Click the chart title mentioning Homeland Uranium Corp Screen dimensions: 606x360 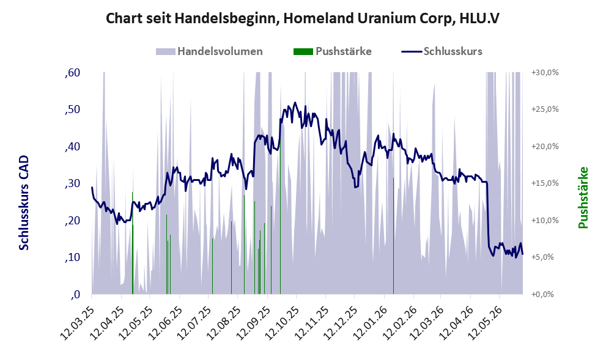[x=303, y=18]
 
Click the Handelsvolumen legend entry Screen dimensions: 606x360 [x=209, y=51]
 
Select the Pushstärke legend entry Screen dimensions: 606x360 [x=333, y=51]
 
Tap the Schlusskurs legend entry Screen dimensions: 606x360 [x=442, y=51]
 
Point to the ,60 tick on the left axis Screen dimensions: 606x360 [x=73, y=73]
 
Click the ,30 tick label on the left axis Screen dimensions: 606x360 [x=73, y=183]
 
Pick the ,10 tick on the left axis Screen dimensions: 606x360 [x=73, y=257]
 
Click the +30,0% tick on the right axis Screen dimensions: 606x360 [x=545, y=73]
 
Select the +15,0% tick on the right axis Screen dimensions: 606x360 [x=545, y=183]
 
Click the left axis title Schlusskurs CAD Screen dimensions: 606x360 [x=24, y=202]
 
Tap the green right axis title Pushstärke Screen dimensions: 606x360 [x=583, y=197]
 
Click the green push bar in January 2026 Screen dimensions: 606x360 [x=393, y=236]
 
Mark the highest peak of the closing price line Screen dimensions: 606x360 [x=295, y=102]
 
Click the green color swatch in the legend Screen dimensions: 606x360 [x=303, y=51]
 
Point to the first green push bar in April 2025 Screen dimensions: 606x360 [x=133, y=243]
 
